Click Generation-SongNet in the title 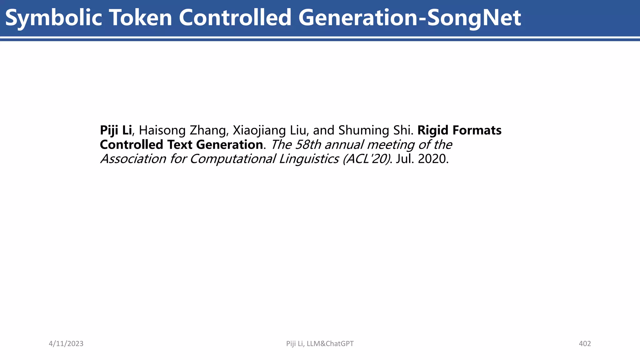click(x=409, y=18)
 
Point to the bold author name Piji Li click(x=116, y=130)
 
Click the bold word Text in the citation click(x=180, y=145)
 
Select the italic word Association click(x=133, y=159)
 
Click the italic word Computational click(x=233, y=159)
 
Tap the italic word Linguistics click(x=309, y=159)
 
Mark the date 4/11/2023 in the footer click(x=66, y=344)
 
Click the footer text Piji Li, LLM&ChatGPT click(x=320, y=344)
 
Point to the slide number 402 click(x=585, y=344)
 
